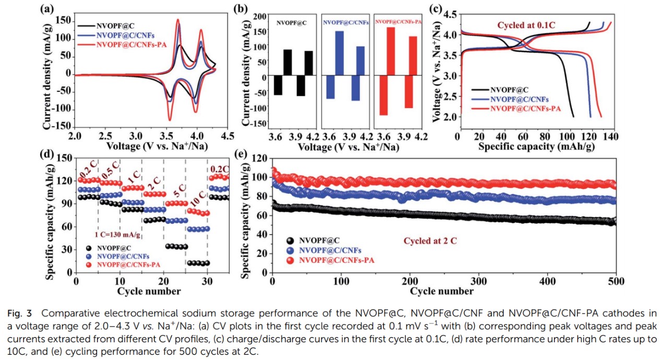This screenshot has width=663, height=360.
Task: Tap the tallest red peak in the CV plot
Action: coord(178,20)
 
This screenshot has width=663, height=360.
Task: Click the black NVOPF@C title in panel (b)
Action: coord(292,23)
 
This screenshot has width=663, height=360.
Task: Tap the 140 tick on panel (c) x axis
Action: coord(611,137)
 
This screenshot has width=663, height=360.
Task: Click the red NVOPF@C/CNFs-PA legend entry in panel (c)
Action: coord(525,108)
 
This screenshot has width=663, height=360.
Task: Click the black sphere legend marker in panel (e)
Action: coord(290,241)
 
